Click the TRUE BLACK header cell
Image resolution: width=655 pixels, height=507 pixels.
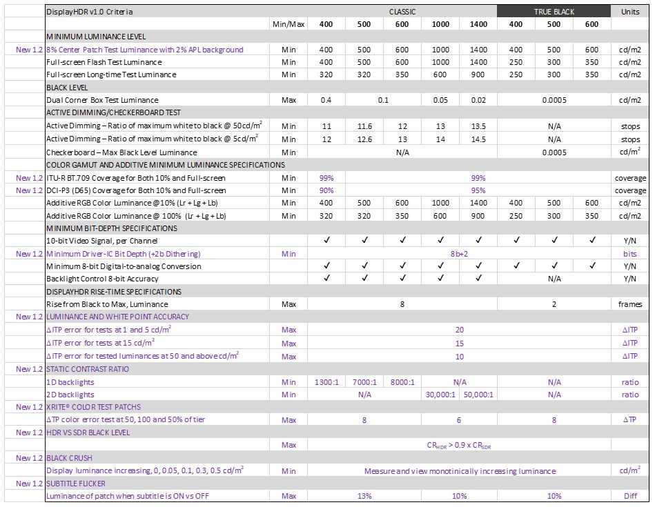click(554, 12)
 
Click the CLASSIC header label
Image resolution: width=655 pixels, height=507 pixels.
click(402, 12)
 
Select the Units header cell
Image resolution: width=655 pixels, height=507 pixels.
click(630, 12)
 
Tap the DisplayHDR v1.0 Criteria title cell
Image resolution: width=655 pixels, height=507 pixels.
click(90, 12)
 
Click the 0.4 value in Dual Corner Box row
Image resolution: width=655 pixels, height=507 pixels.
click(326, 100)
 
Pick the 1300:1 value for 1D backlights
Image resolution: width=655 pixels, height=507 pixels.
click(326, 382)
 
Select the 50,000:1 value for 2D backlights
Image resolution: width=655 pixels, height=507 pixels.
click(478, 395)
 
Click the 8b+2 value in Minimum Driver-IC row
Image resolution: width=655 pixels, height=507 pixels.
click(459, 254)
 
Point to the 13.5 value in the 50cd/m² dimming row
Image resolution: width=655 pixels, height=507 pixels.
click(478, 126)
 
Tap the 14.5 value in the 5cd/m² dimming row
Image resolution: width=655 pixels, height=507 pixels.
click(478, 139)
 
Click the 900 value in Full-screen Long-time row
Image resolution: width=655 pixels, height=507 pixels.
click(478, 74)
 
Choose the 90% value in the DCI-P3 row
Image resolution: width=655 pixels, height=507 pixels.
click(326, 190)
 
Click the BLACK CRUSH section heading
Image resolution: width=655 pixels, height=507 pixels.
click(69, 458)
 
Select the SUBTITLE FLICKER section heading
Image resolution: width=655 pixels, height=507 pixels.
click(77, 484)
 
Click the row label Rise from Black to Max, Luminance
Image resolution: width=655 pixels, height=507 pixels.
click(107, 304)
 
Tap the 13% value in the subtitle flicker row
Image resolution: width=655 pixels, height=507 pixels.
click(364, 496)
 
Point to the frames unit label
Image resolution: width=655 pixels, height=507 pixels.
click(630, 304)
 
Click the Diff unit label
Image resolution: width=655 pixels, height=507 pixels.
click(630, 496)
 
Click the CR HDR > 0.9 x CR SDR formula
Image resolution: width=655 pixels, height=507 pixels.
click(459, 446)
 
